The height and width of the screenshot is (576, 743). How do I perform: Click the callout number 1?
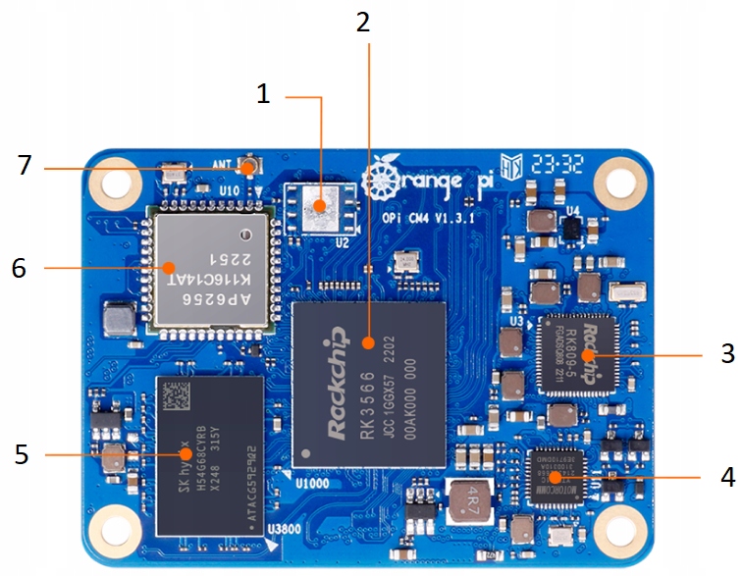(262, 94)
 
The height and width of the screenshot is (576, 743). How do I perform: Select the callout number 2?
(363, 22)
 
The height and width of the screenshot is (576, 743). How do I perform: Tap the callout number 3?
(727, 353)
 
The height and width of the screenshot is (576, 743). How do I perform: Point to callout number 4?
(727, 478)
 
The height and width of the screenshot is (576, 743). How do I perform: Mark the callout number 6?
(22, 266)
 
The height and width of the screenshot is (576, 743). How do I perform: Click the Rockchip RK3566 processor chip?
(369, 383)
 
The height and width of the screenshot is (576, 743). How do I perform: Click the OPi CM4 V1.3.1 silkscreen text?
(428, 218)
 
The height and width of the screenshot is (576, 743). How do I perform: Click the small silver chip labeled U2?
(316, 205)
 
